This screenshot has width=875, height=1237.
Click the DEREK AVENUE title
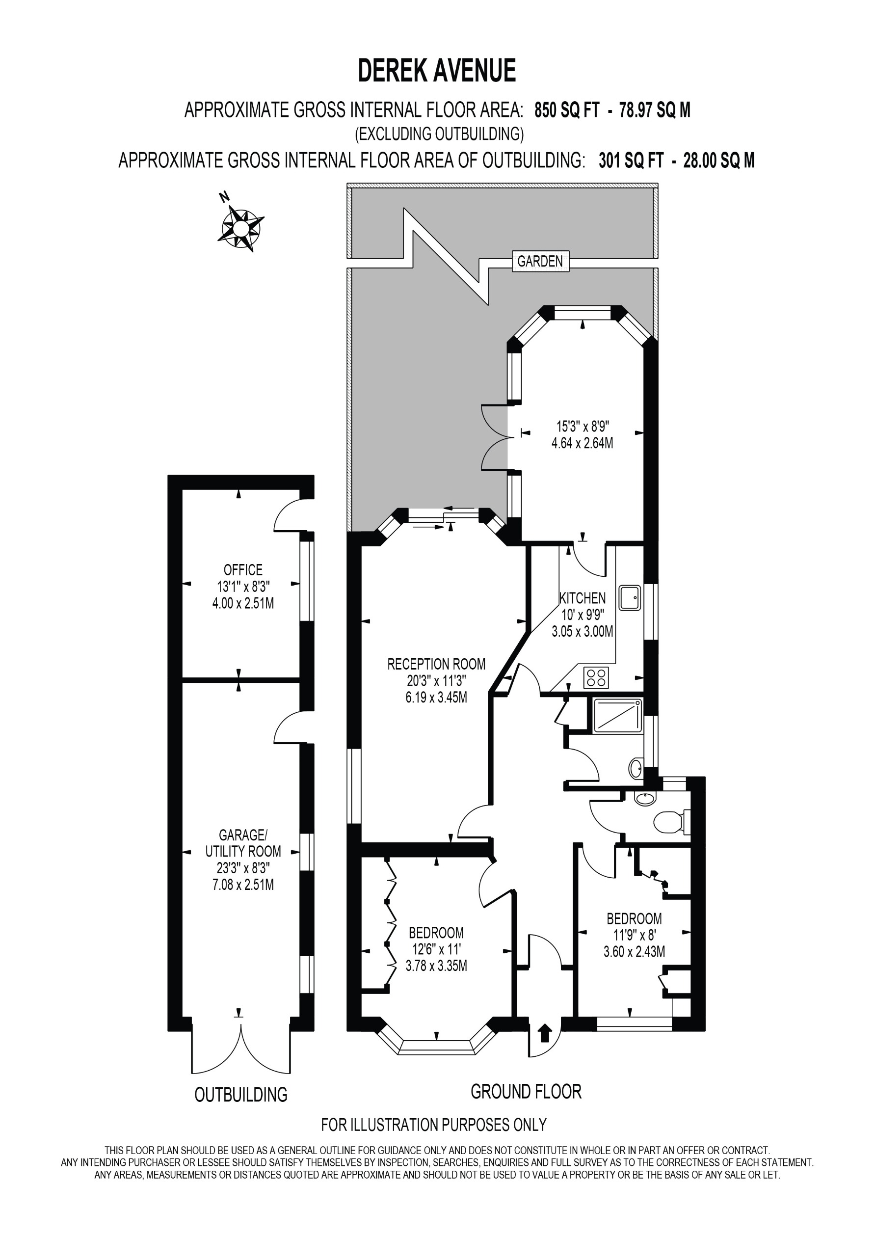(437, 71)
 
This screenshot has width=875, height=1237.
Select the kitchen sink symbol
(629, 598)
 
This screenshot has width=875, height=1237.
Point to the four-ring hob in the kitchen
(596, 677)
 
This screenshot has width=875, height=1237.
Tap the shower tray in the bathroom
(617, 716)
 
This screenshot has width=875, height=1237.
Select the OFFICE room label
(243, 570)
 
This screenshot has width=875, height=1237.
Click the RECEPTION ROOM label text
(436, 664)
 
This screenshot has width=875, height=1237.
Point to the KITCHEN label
(583, 598)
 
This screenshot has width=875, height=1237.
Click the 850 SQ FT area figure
(566, 110)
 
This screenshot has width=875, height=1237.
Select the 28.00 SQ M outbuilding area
(719, 161)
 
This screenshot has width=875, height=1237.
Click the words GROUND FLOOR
(526, 1092)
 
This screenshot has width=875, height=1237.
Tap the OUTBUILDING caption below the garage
(241, 1095)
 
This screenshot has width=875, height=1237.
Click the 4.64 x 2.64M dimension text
(583, 443)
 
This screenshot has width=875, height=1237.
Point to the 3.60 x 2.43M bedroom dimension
(634, 951)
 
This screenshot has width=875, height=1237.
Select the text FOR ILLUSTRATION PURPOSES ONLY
(434, 1126)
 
